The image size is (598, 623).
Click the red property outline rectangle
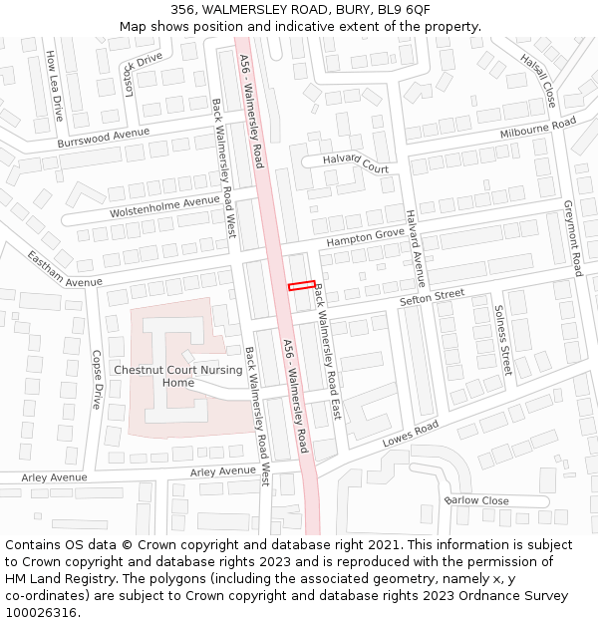point(302,286)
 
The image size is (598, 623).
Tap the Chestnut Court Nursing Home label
point(178,376)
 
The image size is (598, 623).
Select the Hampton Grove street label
point(366,237)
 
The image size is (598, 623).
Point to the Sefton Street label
point(433,296)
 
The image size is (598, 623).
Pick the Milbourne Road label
point(538,129)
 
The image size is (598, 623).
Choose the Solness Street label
point(502,340)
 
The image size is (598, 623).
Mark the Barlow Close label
point(476,500)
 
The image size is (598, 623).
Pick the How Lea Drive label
point(55,88)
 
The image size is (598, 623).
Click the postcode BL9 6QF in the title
point(404,9)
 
